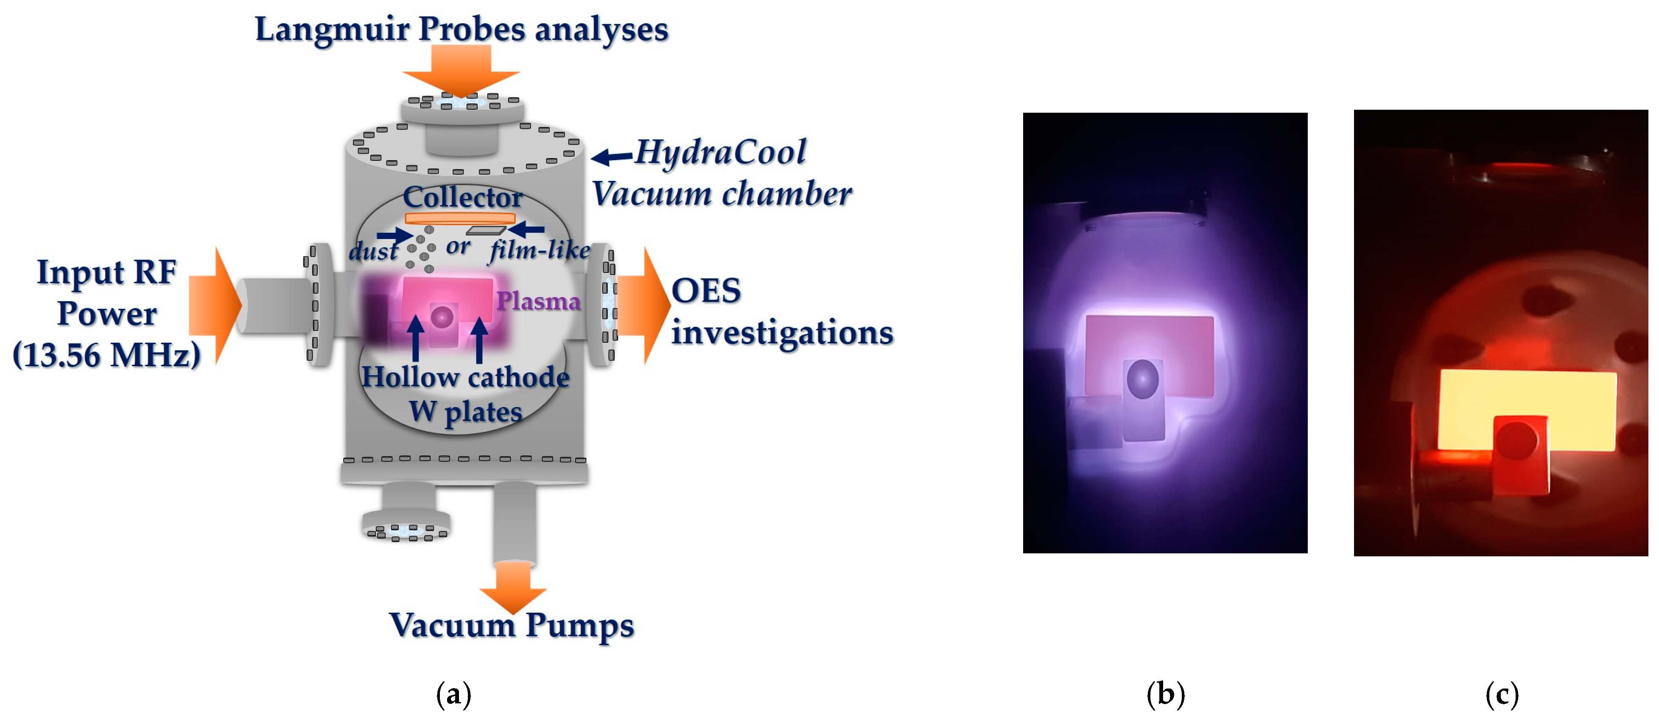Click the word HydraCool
tap(720, 153)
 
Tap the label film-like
tap(540, 250)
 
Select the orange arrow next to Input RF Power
tap(216, 305)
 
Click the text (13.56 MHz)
tap(106, 355)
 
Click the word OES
tap(706, 291)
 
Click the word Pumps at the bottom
tap(579, 625)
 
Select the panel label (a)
tap(453, 694)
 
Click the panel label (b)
tap(1165, 694)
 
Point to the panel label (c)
tap(1502, 694)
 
